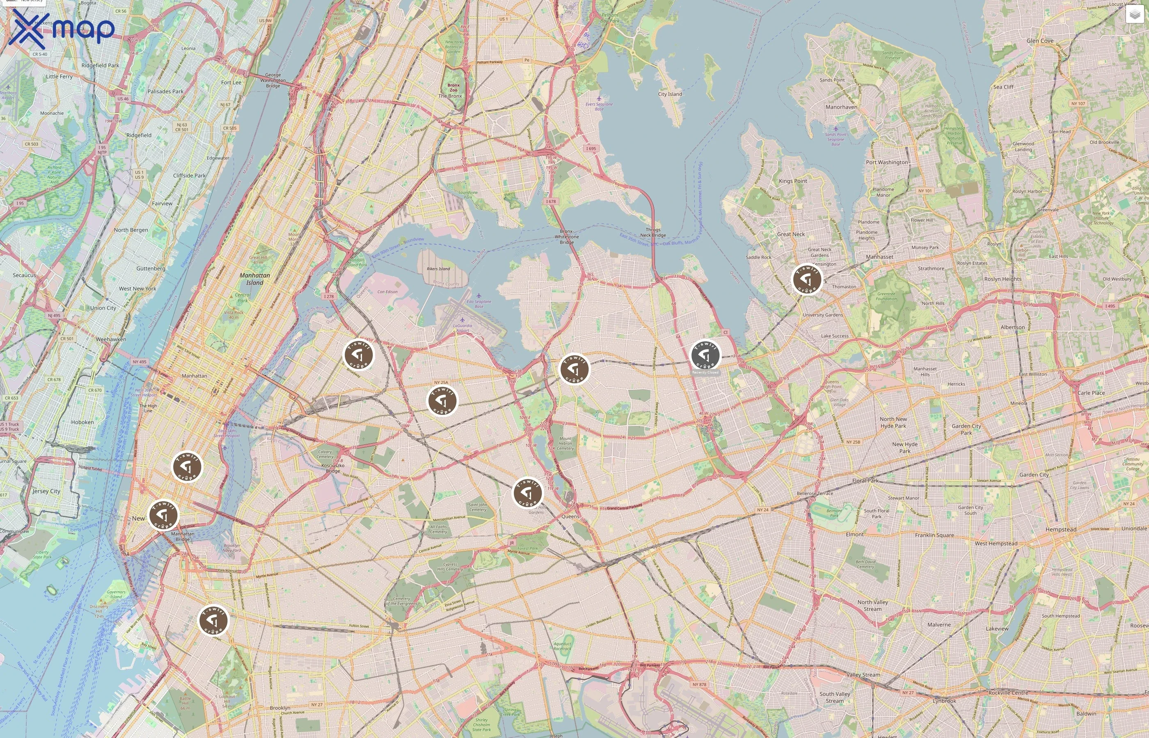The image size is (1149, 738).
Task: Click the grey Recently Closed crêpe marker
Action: pos(705,355)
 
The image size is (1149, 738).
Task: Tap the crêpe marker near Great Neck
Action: pos(807,279)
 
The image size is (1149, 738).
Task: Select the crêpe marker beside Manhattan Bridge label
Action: pos(163,515)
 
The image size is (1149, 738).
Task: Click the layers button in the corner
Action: pos(1134,15)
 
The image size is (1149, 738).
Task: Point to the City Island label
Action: pos(670,94)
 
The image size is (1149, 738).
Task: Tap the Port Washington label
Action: pos(887,162)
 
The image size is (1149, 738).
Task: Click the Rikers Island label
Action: pos(438,269)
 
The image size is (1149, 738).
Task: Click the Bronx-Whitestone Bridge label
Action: pos(566,237)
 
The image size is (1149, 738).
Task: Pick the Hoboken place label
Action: pos(82,422)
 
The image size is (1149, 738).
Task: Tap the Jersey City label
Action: pos(46,491)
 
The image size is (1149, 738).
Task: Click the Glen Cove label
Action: pos(1040,41)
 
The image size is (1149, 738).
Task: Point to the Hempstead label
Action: pos(1061,530)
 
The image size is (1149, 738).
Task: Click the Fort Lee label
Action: pos(231,82)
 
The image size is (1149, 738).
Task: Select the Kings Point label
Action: pos(793,181)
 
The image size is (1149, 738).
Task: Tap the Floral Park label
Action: pos(865,481)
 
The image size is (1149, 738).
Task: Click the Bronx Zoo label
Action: pos(453,88)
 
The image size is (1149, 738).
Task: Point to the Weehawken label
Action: pos(111,339)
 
